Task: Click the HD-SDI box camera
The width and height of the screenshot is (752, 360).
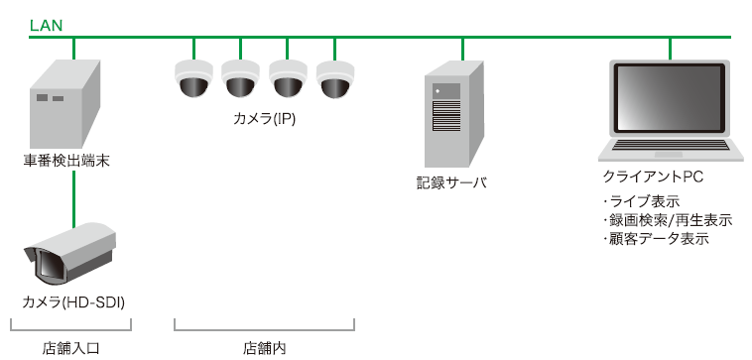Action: [x=69, y=253]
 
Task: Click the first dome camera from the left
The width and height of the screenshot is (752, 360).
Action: [x=193, y=79]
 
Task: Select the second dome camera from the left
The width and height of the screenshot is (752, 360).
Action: [x=240, y=79]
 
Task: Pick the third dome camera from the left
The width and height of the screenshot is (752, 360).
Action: [x=288, y=79]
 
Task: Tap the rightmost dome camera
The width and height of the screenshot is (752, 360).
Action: [x=334, y=79]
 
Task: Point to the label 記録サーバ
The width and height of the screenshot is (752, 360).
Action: [x=451, y=183]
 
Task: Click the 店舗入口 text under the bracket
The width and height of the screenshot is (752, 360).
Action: [x=70, y=348]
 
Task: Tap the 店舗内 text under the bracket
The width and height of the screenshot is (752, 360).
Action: [x=264, y=348]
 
